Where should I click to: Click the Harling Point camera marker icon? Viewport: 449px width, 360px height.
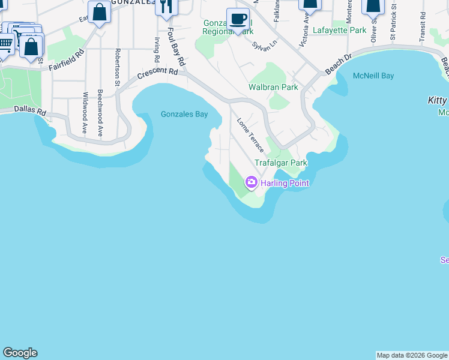(251, 182)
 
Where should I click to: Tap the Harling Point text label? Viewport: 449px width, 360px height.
(285, 183)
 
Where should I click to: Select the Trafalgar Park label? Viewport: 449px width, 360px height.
(281, 163)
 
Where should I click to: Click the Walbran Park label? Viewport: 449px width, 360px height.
(273, 88)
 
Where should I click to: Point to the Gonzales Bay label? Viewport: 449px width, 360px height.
(184, 114)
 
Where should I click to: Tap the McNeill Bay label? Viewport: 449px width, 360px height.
(373, 76)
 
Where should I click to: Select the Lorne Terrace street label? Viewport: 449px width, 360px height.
(251, 134)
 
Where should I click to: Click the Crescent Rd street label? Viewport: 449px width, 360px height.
(158, 73)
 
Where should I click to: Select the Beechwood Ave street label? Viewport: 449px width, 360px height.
(100, 114)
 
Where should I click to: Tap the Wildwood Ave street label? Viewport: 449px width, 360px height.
(85, 113)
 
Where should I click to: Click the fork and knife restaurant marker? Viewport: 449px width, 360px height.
(166, 7)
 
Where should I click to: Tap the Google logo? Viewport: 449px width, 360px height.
(20, 353)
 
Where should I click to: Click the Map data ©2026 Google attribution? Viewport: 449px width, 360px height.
(412, 355)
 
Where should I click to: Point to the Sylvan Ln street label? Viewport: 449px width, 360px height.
(264, 46)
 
